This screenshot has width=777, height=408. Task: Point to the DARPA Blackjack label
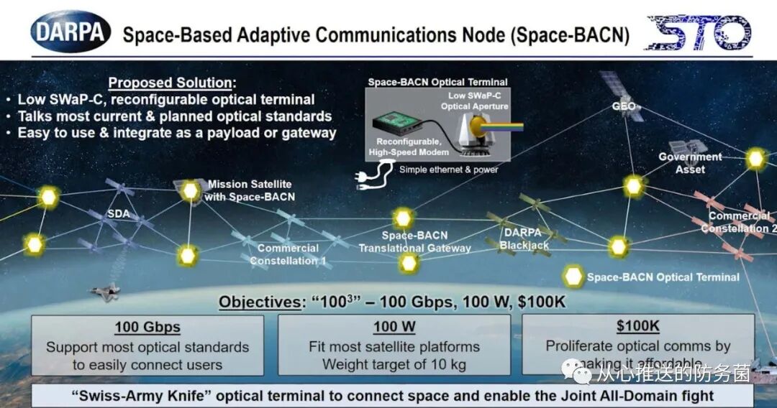524,238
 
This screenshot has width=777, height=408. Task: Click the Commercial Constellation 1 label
288,254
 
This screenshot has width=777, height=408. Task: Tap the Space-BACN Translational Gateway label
414,241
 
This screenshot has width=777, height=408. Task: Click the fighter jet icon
104,290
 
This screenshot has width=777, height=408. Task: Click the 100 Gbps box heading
147,328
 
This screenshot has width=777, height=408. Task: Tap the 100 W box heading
394,328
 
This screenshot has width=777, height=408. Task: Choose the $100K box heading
637,326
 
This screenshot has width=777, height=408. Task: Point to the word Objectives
259,302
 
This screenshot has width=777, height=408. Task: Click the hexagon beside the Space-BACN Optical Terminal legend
574,277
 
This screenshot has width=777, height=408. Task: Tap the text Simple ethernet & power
448,170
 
